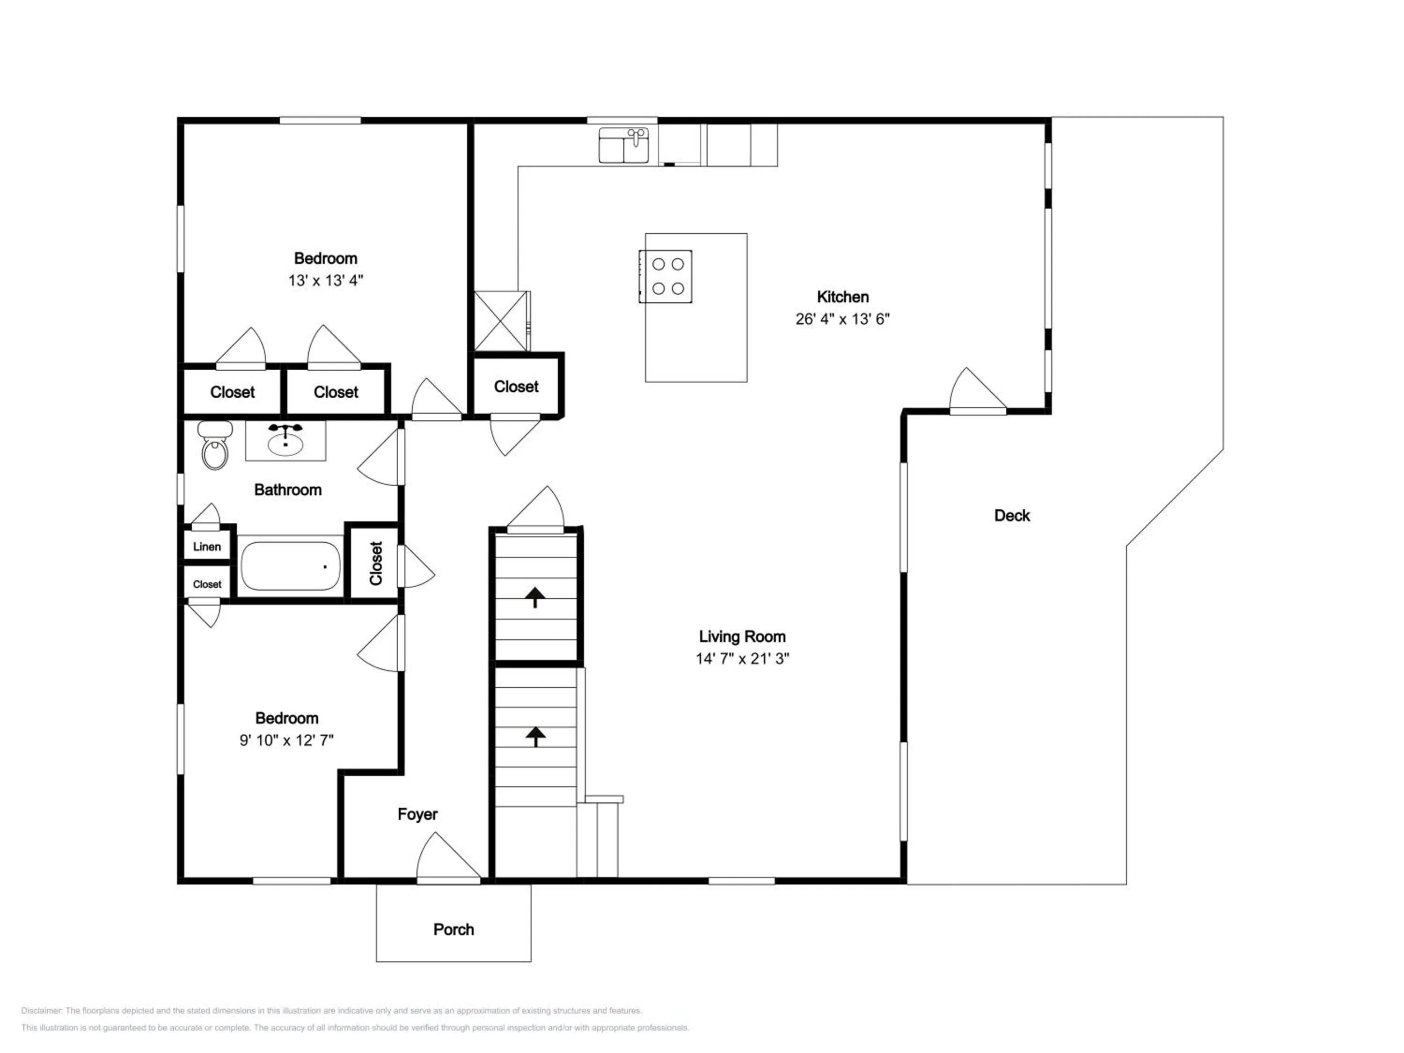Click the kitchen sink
point(624,146)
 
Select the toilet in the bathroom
point(215,446)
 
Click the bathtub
point(291,565)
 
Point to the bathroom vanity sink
point(285,440)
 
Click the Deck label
point(1012,515)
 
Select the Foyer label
point(417,814)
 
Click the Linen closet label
point(207,547)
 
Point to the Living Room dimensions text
point(742,659)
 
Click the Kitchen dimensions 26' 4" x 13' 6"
point(842,319)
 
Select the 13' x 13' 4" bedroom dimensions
point(326,280)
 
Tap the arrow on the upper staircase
point(535,597)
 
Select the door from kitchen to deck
point(978,390)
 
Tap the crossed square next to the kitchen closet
point(501,321)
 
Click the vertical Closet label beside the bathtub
point(376,563)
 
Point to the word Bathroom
point(287,490)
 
